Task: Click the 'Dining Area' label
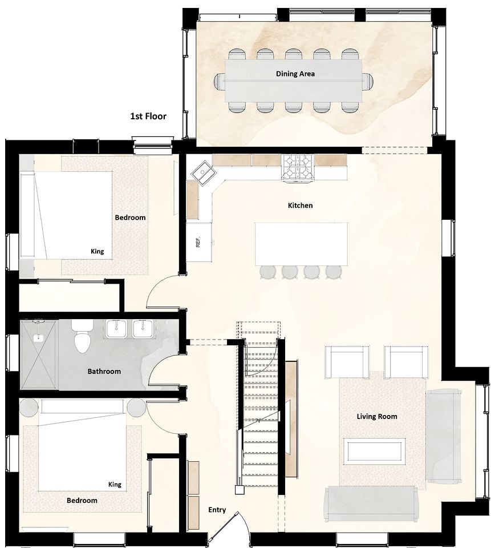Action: point(295,74)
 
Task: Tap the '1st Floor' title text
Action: point(148,116)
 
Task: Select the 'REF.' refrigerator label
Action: point(198,242)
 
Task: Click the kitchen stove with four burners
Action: point(298,168)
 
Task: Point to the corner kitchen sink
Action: point(203,171)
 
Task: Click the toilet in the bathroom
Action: point(83,336)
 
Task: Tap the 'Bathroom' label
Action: point(104,371)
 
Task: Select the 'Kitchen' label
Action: point(300,205)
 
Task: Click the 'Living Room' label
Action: point(377,416)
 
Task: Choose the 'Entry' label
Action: point(217,510)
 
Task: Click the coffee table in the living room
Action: point(374,451)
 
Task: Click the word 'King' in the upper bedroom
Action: point(97,251)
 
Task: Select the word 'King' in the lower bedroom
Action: point(115,485)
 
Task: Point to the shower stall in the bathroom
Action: point(39,354)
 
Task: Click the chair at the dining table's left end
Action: point(220,82)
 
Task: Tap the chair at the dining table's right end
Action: point(368,82)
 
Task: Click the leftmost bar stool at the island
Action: point(268,272)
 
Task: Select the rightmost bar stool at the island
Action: point(334,272)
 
